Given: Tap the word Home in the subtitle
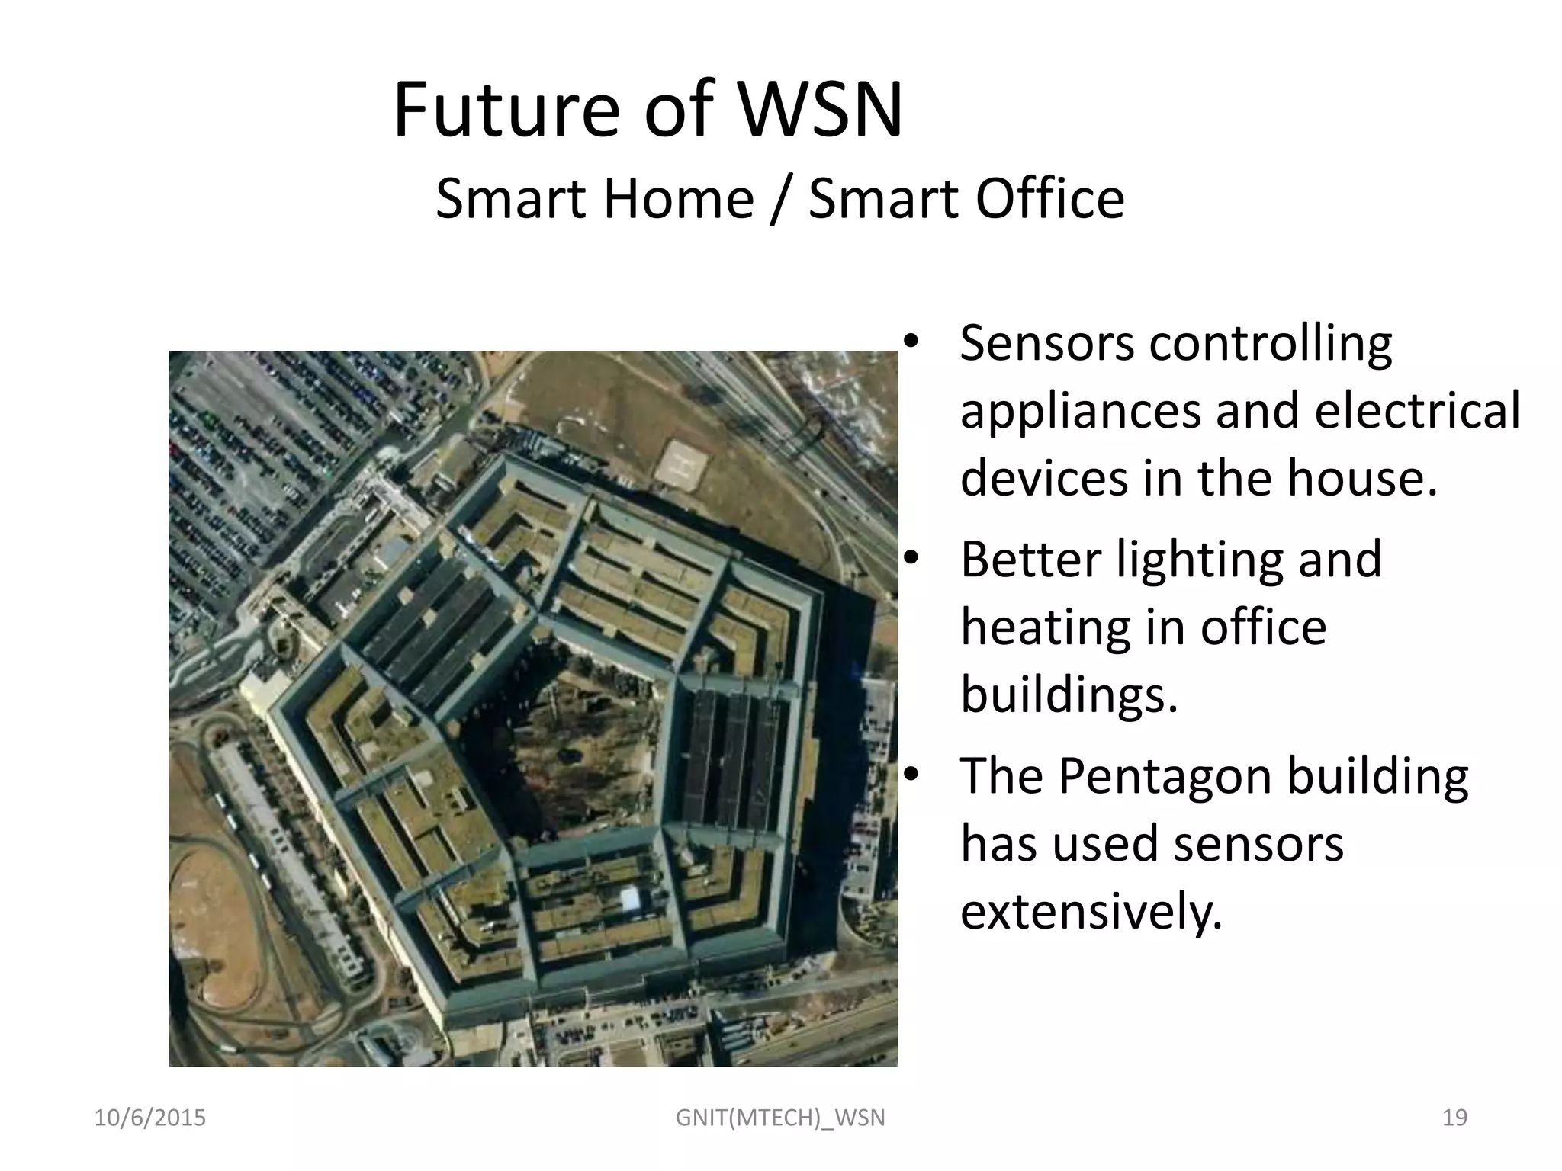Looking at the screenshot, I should tap(679, 199).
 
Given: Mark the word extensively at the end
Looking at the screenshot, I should tap(1091, 911).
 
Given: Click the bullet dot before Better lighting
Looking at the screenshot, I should tap(909, 560).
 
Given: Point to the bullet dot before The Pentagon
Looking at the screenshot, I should tap(909, 776).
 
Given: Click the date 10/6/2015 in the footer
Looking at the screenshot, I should tap(149, 1118).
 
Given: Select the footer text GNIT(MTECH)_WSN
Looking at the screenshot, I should tap(780, 1118).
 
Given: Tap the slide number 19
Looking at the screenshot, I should tap(1454, 1118).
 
